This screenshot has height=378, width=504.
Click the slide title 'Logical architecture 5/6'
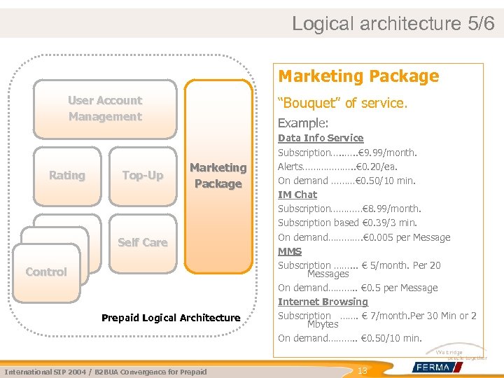click(x=393, y=23)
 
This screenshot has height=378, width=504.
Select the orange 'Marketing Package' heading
click(x=358, y=76)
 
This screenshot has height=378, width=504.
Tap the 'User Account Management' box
click(x=105, y=108)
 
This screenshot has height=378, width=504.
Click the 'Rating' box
click(x=67, y=176)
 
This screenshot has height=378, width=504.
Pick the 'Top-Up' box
click(x=143, y=176)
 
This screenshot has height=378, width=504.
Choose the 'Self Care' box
click(x=143, y=242)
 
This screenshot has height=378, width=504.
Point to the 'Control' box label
click(x=46, y=272)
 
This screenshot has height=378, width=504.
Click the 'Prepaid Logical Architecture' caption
click(x=171, y=318)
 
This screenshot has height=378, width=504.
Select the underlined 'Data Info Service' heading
click(x=321, y=138)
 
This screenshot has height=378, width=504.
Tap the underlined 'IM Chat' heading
click(x=297, y=195)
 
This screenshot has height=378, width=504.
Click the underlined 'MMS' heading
click(x=290, y=251)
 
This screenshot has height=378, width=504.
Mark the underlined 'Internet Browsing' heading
click(x=323, y=302)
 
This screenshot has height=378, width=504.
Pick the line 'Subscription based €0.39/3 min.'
click(x=347, y=223)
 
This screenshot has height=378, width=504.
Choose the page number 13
click(x=363, y=370)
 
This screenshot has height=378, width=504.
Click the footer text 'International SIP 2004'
click(x=42, y=372)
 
